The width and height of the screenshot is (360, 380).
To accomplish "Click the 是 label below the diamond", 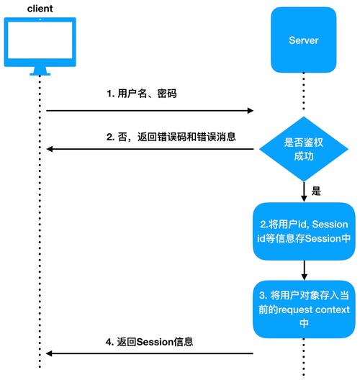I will [x=315, y=192].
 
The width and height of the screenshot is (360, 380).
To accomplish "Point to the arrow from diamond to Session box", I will [x=304, y=192].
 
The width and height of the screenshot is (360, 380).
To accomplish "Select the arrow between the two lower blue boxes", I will [x=304, y=271].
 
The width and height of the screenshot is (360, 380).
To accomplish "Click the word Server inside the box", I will [x=303, y=40].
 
